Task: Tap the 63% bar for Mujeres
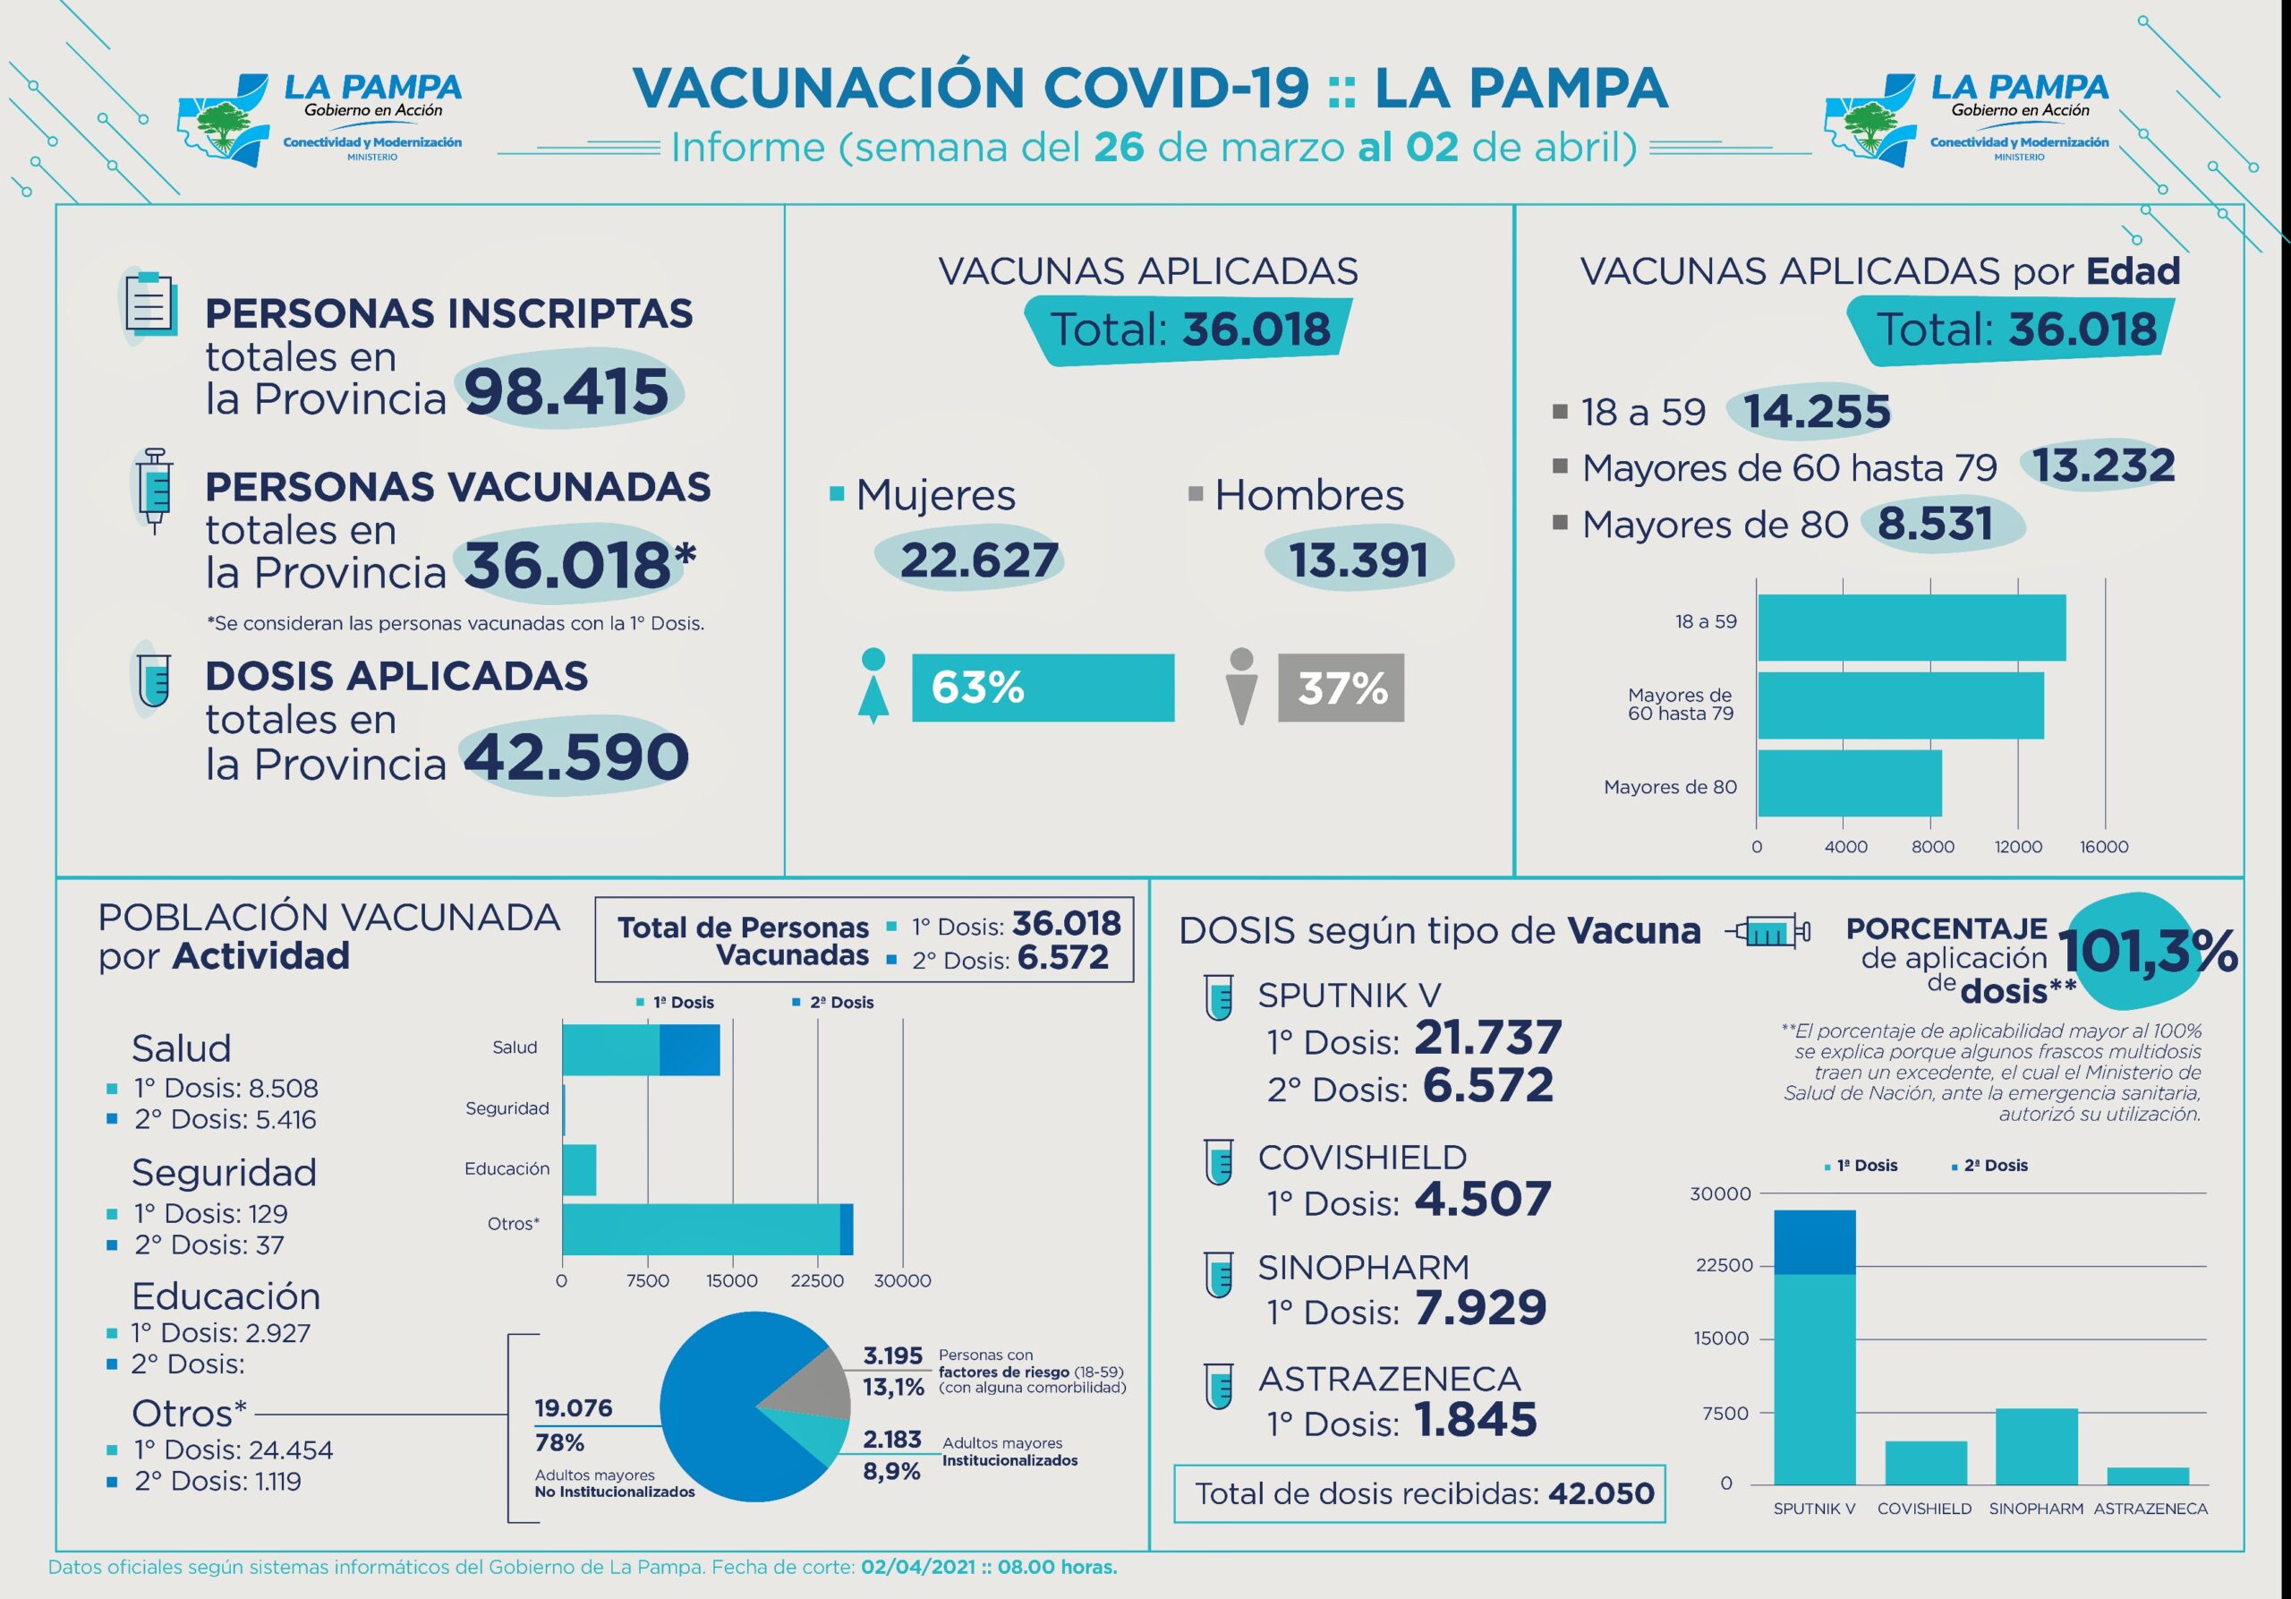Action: (1043, 688)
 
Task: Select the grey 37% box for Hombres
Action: (1341, 688)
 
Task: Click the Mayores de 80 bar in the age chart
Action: (1849, 783)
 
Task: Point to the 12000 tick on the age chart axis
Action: (2017, 846)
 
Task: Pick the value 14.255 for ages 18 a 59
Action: (1816, 411)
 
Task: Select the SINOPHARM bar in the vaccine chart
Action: (2037, 1446)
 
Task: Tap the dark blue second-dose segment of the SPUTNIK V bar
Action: (1814, 1243)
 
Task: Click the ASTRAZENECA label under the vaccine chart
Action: (2150, 1509)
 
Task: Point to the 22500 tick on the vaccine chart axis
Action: (1724, 1266)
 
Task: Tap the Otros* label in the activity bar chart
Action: (513, 1224)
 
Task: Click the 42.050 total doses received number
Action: (1600, 1493)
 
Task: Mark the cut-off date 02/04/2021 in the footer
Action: (918, 1567)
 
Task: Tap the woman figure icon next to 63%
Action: (873, 686)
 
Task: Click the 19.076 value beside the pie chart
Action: (574, 1408)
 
